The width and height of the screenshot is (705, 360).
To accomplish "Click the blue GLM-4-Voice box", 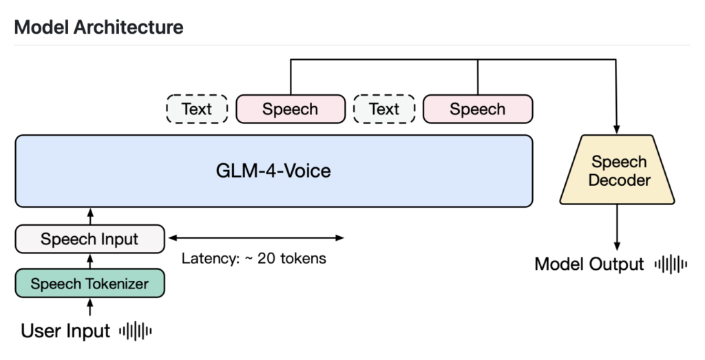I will pyautogui.click(x=274, y=171).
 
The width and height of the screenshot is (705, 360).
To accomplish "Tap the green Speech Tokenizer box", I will pyautogui.click(x=90, y=283).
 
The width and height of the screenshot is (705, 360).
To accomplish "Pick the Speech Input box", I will pyautogui.click(x=90, y=240).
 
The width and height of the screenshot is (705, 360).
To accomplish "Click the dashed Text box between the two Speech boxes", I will pyautogui.click(x=383, y=109).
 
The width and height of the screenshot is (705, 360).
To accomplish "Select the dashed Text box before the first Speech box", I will pyautogui.click(x=197, y=109).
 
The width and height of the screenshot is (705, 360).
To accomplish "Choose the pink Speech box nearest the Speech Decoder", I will pyautogui.click(x=477, y=109).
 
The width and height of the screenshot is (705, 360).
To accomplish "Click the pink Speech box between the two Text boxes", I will pyautogui.click(x=290, y=109).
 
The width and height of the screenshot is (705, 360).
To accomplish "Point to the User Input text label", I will pyautogui.click(x=65, y=331).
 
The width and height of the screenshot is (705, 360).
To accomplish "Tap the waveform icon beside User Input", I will pyautogui.click(x=135, y=331).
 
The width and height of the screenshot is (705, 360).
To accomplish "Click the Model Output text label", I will pyautogui.click(x=589, y=264).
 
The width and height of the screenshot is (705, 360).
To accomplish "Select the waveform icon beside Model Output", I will pyautogui.click(x=671, y=264).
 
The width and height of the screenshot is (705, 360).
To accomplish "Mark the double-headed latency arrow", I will pyautogui.click(x=256, y=238).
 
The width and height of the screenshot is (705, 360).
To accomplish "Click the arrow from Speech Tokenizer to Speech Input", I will pyautogui.click(x=90, y=261).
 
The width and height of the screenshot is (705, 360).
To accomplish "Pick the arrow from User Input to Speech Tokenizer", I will pyautogui.click(x=90, y=307).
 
